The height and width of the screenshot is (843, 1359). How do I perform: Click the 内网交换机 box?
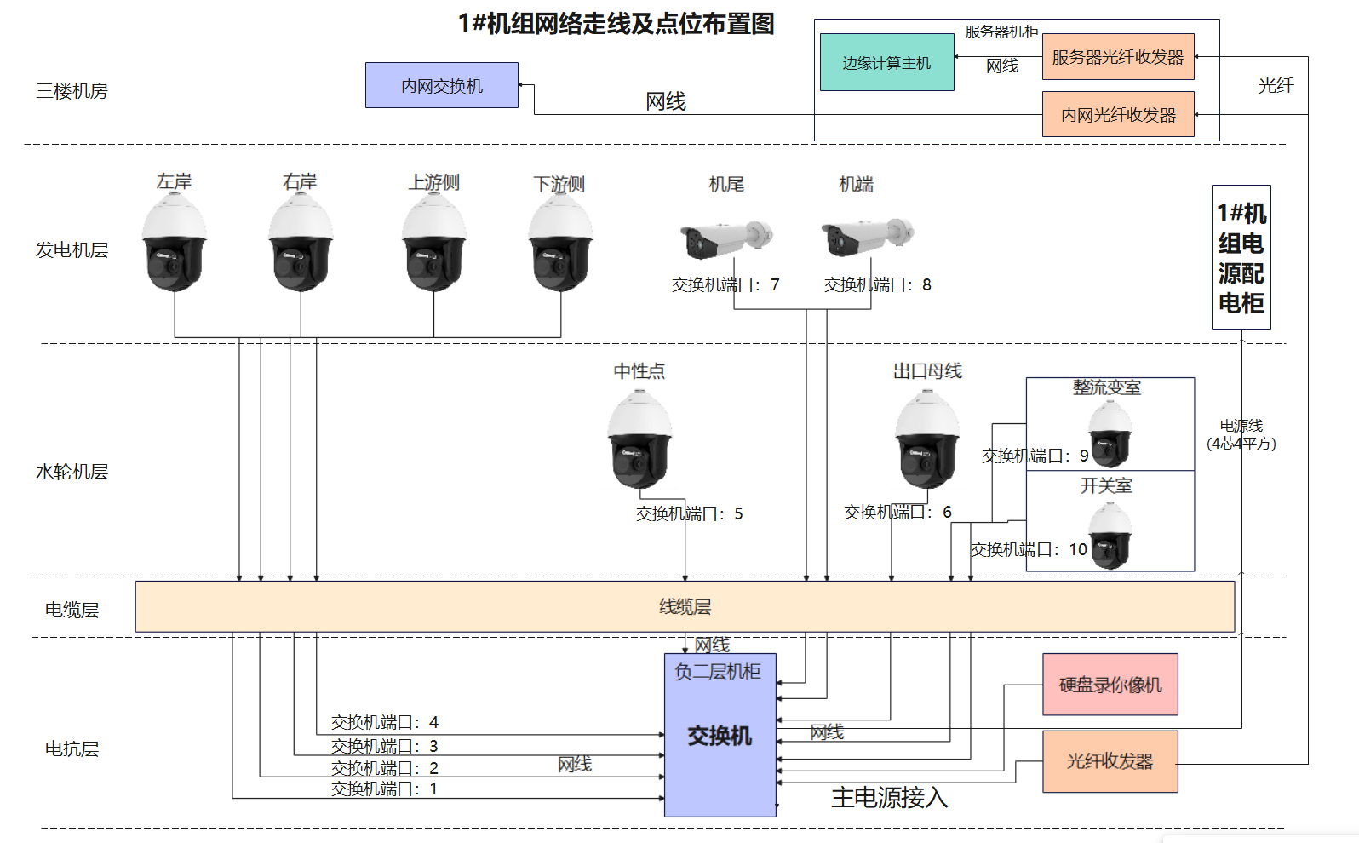pos(441,85)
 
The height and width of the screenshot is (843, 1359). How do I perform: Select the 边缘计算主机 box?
pos(886,62)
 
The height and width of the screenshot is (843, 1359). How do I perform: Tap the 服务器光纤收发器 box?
pos(1117,57)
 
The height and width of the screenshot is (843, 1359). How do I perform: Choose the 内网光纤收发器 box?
pos(1117,114)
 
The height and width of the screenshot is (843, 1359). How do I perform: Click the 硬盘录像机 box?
pos(1110,685)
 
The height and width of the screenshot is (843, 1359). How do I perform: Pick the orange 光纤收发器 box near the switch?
pos(1110,761)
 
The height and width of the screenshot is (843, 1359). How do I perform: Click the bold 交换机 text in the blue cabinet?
pos(720,737)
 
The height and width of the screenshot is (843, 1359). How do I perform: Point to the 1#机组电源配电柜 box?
pos(1241,257)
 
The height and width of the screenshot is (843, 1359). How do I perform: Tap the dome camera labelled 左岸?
pos(175,243)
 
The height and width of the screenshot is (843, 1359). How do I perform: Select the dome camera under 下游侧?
pos(560,243)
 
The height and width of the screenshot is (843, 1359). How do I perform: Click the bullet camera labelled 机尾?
pos(725,238)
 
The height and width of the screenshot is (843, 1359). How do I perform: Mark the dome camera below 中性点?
pos(639,439)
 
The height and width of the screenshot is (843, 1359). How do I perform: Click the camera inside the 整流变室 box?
pos(1110,434)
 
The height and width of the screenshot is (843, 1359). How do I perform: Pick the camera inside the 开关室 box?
pos(1110,535)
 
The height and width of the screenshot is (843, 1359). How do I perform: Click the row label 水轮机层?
pos(72,472)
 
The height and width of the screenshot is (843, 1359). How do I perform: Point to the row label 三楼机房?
pos(72,91)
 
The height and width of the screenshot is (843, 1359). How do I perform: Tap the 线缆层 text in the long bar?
pos(685,606)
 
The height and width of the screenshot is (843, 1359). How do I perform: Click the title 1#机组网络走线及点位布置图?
pos(616,24)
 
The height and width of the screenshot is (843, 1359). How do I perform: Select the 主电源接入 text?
pos(889,798)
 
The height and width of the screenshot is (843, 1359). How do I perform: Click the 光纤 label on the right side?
pos(1276,85)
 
